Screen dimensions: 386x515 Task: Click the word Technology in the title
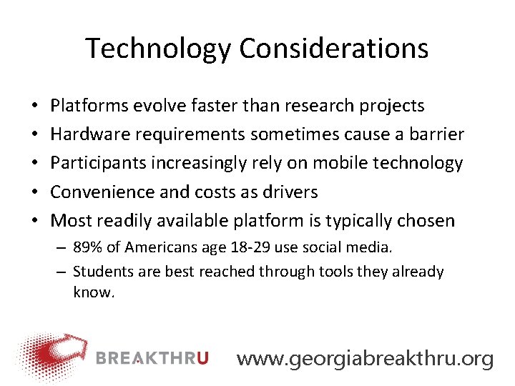(159, 49)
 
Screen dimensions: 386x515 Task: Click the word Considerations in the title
(334, 49)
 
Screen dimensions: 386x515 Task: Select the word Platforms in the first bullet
(85, 106)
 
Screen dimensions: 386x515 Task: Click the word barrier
(438, 134)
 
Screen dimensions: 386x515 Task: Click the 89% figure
(88, 247)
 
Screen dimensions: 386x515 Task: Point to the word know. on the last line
(94, 292)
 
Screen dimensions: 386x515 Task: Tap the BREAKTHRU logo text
(152, 358)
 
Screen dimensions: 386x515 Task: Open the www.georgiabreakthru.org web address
(365, 358)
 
